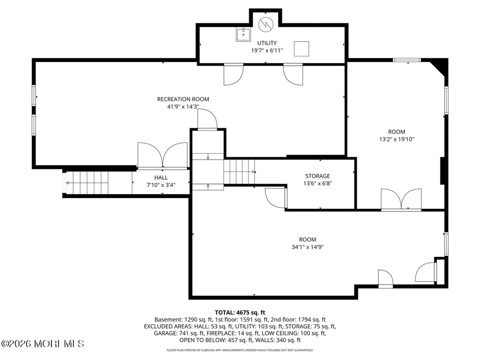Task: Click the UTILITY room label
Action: (266, 43)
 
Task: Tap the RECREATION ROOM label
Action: (183, 99)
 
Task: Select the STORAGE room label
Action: (318, 176)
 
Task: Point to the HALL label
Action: (161, 178)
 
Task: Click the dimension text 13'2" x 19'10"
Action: (397, 139)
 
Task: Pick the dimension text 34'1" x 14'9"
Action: (308, 247)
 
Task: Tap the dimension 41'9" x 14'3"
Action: (183, 107)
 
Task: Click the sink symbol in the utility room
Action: (243, 34)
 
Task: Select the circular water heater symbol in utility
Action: (266, 24)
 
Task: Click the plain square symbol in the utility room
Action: (302, 49)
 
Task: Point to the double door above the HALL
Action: (162, 156)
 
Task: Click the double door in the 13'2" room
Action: (401, 200)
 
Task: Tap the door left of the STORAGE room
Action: (276, 198)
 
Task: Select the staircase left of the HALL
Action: (87, 183)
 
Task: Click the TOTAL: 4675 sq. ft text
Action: (240, 312)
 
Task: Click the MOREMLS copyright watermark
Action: (42, 344)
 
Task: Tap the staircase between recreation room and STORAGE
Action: (240, 172)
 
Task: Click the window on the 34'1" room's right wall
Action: (446, 244)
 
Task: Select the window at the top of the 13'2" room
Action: (407, 60)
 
